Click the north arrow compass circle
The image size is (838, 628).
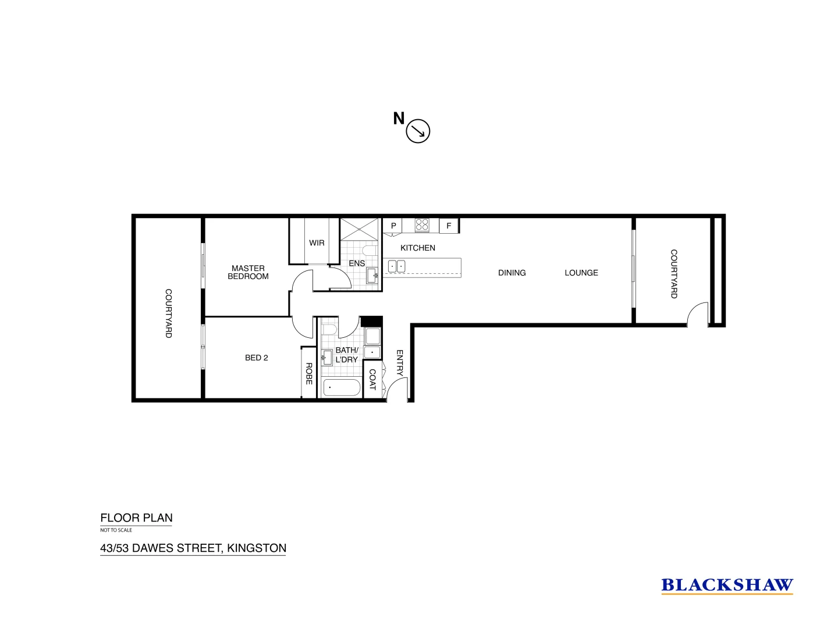[417, 131]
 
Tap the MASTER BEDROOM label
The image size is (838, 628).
[248, 272]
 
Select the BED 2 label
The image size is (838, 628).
[257, 358]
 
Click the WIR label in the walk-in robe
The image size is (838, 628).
[317, 242]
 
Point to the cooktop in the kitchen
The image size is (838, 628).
[422, 225]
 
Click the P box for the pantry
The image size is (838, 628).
[393, 226]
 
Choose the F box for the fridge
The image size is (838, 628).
[449, 226]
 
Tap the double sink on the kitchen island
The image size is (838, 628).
[396, 266]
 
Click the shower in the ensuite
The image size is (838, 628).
[359, 228]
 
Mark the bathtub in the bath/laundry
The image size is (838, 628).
[341, 387]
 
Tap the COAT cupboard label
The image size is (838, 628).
[372, 380]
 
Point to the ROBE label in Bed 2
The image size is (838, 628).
[309, 373]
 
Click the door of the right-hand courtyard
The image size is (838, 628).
[697, 314]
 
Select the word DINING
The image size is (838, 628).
[512, 273]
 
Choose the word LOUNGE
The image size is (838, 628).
[581, 273]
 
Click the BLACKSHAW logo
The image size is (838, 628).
[727, 585]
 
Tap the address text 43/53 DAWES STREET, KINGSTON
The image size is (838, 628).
[193, 548]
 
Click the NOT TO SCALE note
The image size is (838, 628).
[116, 530]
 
